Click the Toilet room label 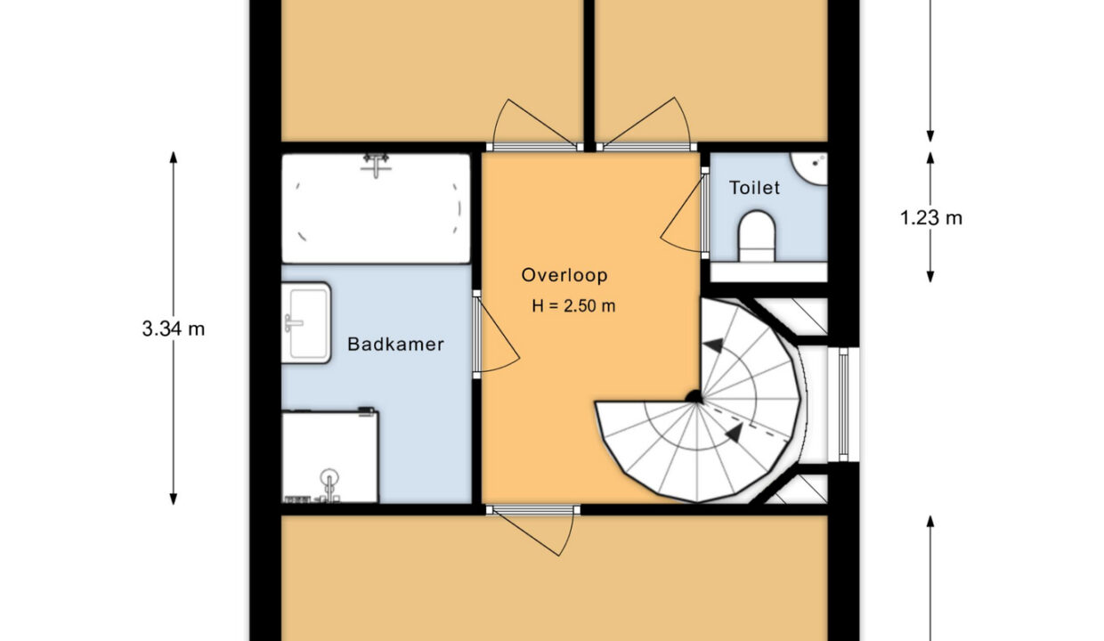pyautogui.click(x=754, y=188)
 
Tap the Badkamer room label pyautogui.click(x=396, y=344)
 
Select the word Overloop pyautogui.click(x=564, y=275)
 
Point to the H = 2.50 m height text pyautogui.click(x=573, y=306)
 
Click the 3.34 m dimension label pyautogui.click(x=174, y=329)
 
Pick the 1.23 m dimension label pyautogui.click(x=931, y=218)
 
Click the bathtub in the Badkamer pyautogui.click(x=376, y=209)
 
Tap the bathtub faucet pyautogui.click(x=376, y=165)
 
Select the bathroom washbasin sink pyautogui.click(x=306, y=322)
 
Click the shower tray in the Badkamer pyautogui.click(x=329, y=456)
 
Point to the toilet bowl pyautogui.click(x=757, y=236)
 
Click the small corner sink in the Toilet pyautogui.click(x=810, y=168)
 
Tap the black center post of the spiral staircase pyautogui.click(x=694, y=397)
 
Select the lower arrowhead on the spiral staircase pyautogui.click(x=735, y=432)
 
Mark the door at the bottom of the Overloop pyautogui.click(x=533, y=531)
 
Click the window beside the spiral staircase pyautogui.click(x=843, y=404)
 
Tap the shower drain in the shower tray pyautogui.click(x=329, y=477)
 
